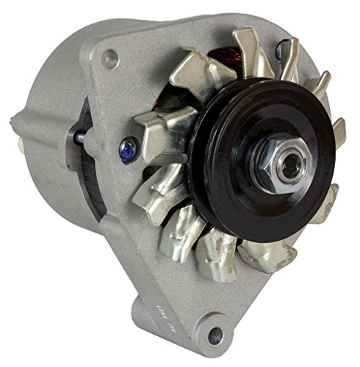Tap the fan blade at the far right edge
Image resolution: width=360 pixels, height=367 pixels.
339,132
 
